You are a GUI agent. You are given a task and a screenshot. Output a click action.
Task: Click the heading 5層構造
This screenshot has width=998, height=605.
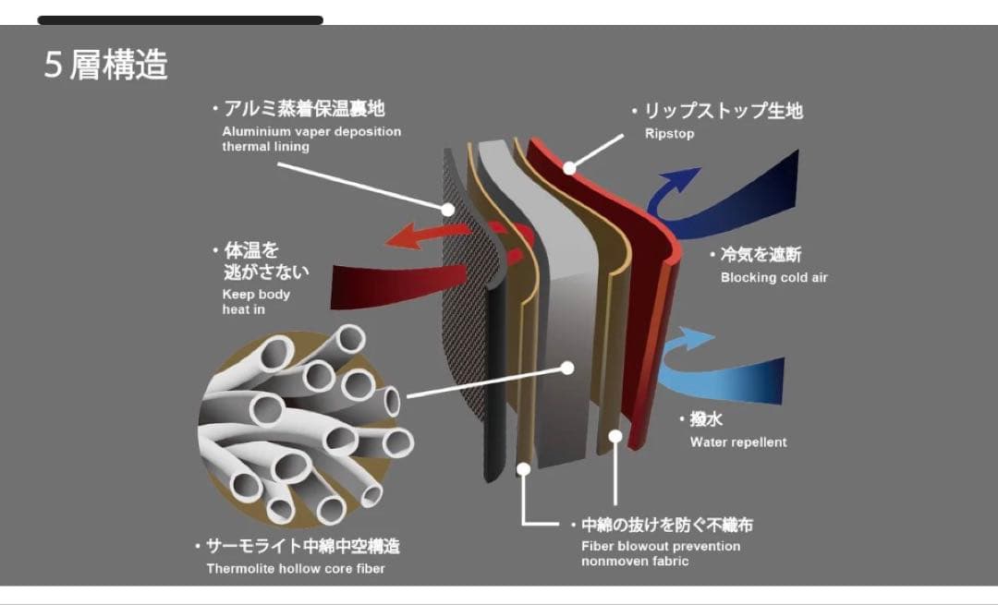point(106,66)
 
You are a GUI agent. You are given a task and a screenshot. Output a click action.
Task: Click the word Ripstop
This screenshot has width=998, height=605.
point(669,134)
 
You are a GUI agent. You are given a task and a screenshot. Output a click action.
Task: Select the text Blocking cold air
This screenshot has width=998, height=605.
point(773,277)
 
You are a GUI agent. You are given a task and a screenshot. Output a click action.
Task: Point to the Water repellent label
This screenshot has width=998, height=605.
point(738,442)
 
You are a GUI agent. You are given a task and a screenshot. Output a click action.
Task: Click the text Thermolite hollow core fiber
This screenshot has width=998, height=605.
point(296,568)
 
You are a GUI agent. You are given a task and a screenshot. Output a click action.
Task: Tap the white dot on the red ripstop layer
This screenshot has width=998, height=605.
point(570,168)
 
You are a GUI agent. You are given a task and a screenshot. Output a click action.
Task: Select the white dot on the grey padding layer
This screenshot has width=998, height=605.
point(568,367)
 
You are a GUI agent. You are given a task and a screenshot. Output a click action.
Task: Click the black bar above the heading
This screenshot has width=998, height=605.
point(180,19)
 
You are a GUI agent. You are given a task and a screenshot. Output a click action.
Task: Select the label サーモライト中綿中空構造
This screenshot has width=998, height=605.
point(301,546)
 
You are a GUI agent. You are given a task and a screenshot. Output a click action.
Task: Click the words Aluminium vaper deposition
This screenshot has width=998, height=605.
point(311,132)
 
